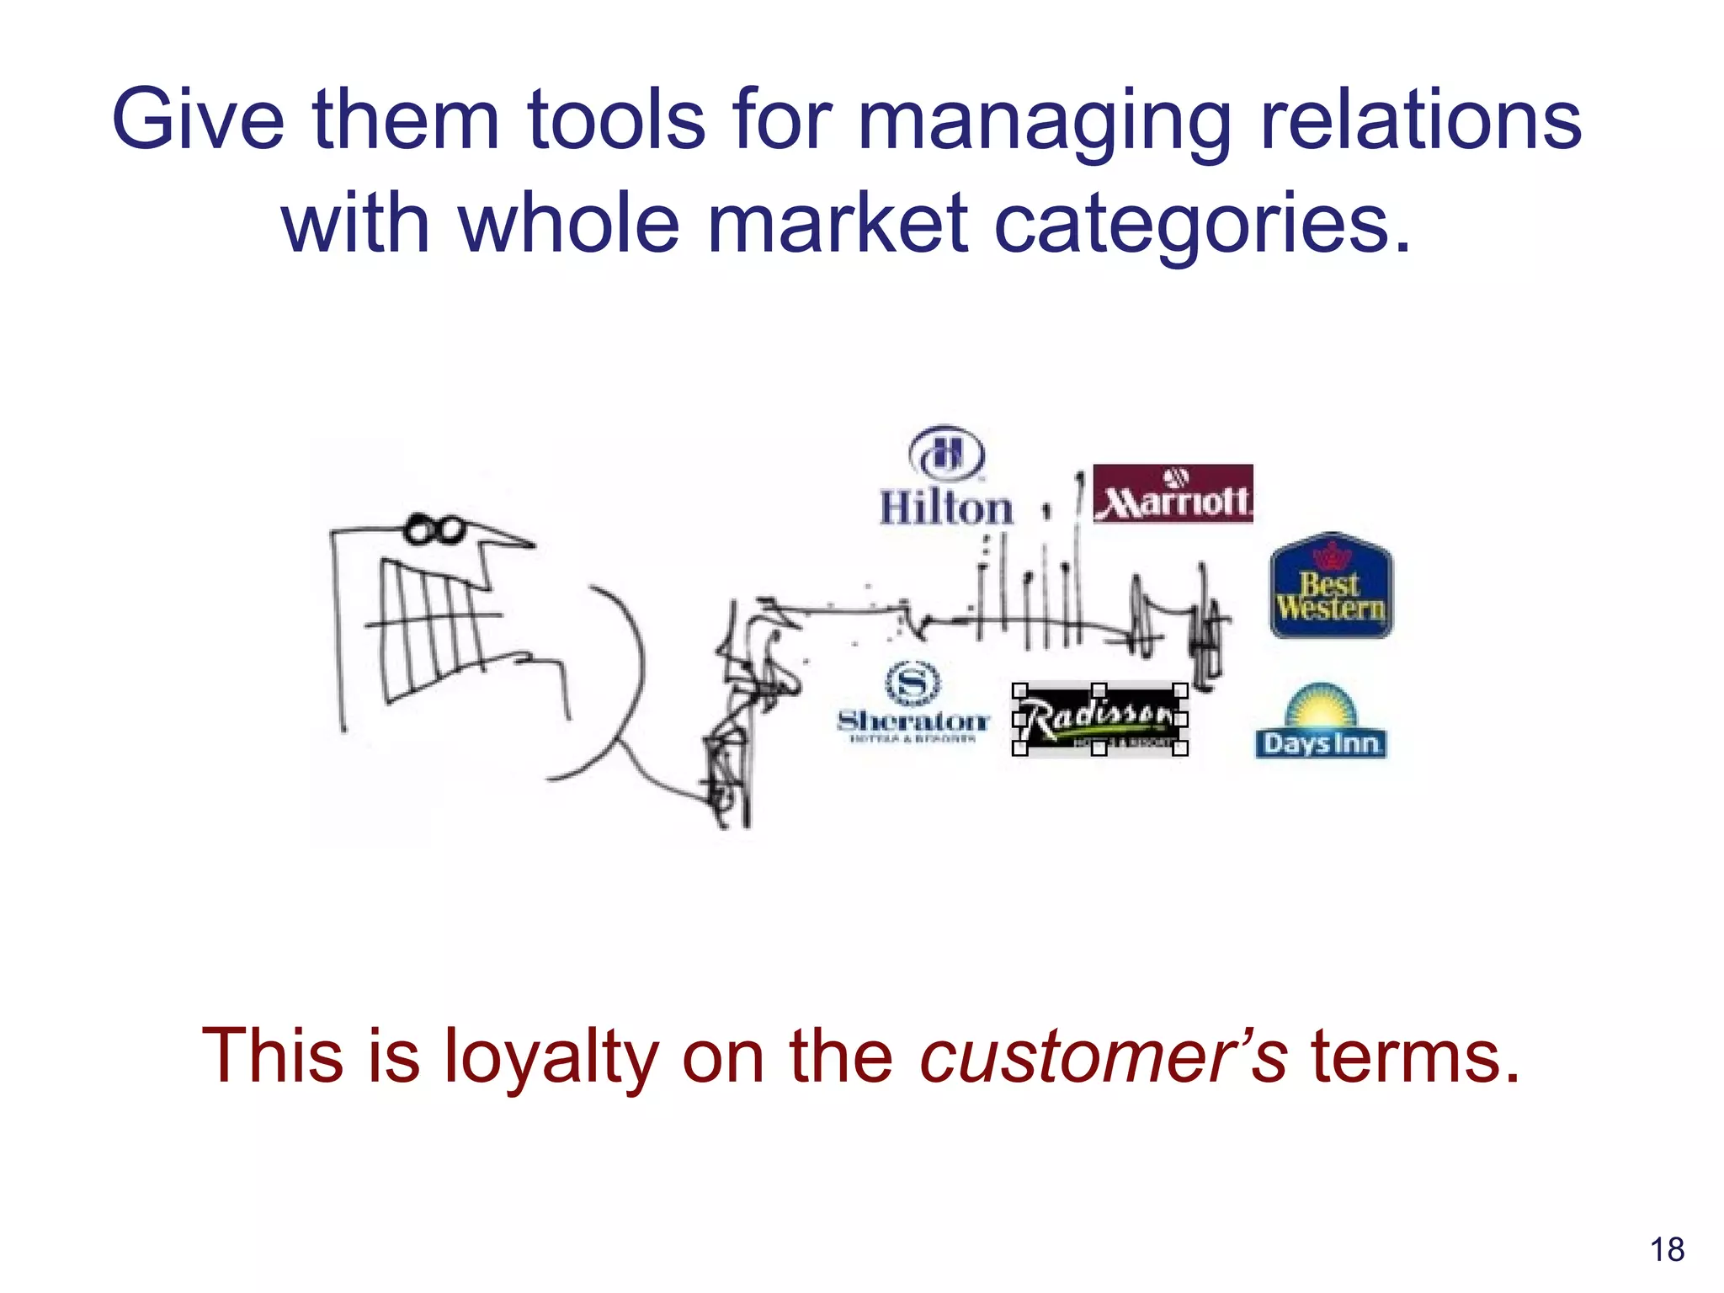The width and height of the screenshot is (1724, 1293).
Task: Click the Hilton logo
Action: (946, 477)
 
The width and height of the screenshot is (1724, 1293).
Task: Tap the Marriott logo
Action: (1173, 494)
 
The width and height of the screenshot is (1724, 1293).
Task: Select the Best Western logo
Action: (1331, 586)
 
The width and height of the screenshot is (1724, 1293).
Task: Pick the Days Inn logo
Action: (1320, 721)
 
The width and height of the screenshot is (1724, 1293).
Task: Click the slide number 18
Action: (1667, 1249)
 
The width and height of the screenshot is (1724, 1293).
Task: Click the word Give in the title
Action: (199, 120)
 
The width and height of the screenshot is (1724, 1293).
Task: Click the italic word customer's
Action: (1104, 1056)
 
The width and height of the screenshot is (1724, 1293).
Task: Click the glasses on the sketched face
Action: (435, 529)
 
